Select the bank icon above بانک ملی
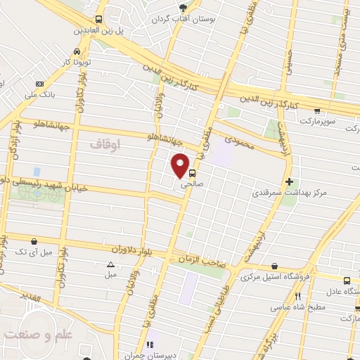[x=39, y=84]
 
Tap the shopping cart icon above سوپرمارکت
[x=318, y=110]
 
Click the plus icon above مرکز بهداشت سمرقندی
[x=290, y=181]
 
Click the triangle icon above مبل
[x=110, y=264]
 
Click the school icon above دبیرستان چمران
[x=150, y=345]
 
